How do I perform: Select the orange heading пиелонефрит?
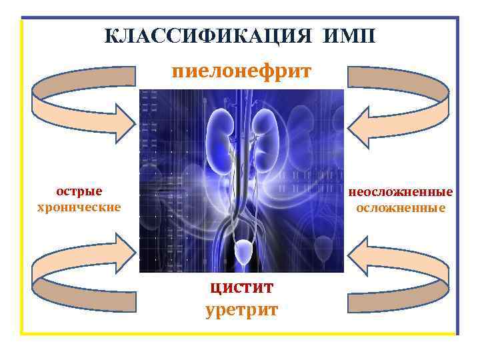241,71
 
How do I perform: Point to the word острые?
79,192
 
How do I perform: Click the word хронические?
79,207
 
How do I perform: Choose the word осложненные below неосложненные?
400,207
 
